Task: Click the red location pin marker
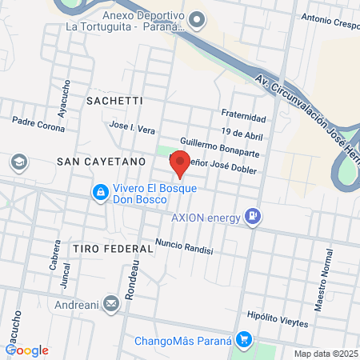point(180,163)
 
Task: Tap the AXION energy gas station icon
point(254,214)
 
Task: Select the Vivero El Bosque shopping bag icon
point(100,192)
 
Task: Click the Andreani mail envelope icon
point(110,304)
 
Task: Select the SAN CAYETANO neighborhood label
point(101,161)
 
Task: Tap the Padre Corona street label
point(38,126)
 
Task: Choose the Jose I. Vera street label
point(132,128)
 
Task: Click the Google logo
point(27,350)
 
